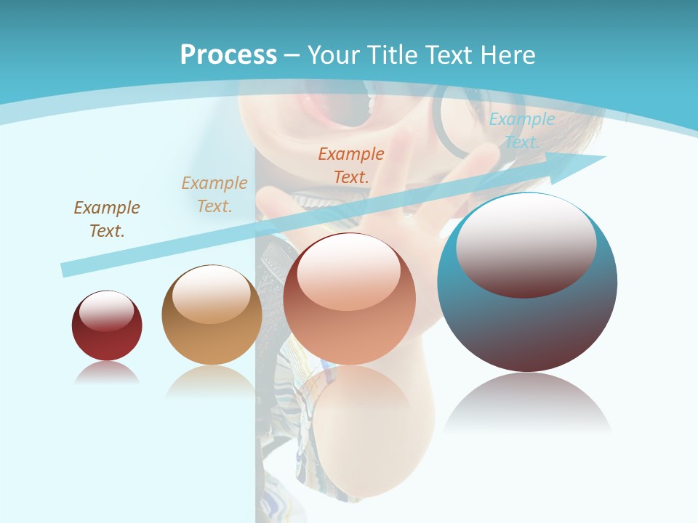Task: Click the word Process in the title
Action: [x=228, y=55]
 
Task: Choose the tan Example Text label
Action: [x=214, y=194]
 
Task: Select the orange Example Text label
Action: [x=351, y=165]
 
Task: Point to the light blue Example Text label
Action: [x=522, y=131]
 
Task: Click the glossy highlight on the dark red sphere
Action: [x=106, y=311]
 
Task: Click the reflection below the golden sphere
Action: [x=212, y=381]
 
